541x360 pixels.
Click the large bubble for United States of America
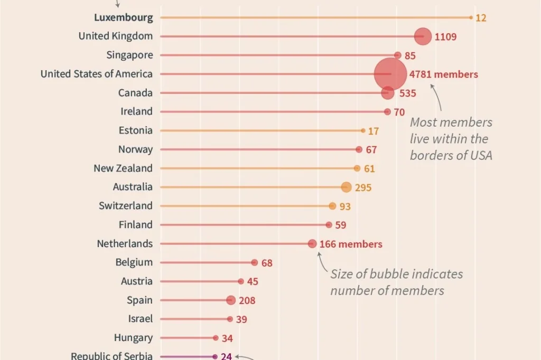(390, 74)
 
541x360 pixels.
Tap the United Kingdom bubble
(423, 36)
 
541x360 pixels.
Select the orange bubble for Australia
(346, 187)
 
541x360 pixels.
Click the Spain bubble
(231, 300)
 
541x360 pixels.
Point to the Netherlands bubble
(312, 243)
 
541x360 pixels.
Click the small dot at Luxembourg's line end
(471, 17)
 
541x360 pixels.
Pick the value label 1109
(445, 36)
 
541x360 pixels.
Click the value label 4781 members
(444, 74)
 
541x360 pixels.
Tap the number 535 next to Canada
(407, 93)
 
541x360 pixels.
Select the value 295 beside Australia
(363, 187)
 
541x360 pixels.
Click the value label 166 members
(351, 244)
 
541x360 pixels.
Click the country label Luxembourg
(124, 17)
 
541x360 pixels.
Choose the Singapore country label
(129, 55)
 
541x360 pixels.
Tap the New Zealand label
(123, 168)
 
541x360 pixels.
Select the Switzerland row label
(126, 205)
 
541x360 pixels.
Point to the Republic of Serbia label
(112, 355)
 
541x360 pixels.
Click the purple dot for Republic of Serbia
(215, 356)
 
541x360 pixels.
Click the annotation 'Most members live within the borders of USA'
(451, 139)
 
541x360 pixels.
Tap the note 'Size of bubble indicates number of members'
(397, 282)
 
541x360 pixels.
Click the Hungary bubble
(216, 338)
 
